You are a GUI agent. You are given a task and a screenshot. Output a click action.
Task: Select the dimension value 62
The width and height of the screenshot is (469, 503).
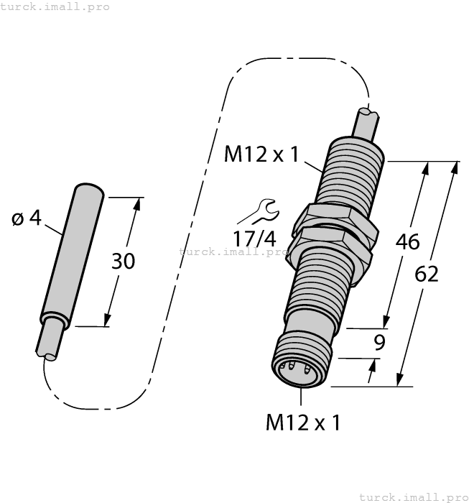(x=427, y=274)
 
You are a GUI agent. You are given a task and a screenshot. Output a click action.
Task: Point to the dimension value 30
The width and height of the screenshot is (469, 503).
(x=123, y=262)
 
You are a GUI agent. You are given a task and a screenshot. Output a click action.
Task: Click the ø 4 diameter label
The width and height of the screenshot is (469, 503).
(x=27, y=218)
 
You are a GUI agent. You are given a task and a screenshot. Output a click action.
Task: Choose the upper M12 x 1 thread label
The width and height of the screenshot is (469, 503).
(x=261, y=154)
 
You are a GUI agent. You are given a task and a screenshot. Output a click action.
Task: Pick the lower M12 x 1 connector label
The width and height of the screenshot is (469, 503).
(x=302, y=423)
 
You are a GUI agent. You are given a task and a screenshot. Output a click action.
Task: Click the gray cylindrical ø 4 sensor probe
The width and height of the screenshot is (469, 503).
(x=72, y=251)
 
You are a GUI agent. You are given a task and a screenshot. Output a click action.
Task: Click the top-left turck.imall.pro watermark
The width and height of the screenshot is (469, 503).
(x=55, y=6)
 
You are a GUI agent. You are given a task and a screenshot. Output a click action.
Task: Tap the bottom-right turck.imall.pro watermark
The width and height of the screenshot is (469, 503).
(x=412, y=497)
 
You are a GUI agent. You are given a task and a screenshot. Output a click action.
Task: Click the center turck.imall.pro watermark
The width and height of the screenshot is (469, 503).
(x=233, y=251)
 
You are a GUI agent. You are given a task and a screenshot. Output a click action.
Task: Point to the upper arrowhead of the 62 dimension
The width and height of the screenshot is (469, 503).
(x=454, y=167)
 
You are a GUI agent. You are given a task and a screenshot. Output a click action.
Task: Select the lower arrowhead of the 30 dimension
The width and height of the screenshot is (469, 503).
(x=108, y=320)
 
